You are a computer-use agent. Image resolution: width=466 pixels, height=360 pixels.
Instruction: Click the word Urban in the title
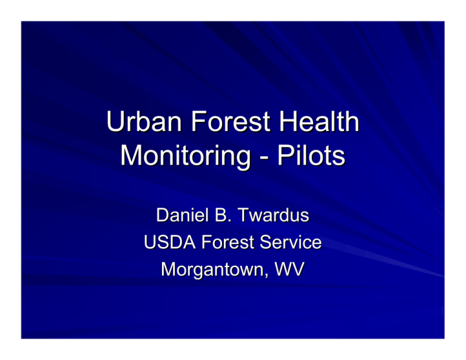[144, 121]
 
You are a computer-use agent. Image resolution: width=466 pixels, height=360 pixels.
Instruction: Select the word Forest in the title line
[231, 121]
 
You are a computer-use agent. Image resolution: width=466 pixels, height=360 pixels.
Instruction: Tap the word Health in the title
[319, 121]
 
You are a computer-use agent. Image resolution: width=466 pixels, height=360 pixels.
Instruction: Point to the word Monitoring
[186, 157]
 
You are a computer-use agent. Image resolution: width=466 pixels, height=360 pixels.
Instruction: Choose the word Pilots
[311, 155]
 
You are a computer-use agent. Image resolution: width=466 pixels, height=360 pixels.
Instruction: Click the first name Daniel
[182, 215]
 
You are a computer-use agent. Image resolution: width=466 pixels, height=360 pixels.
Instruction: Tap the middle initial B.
[223, 215]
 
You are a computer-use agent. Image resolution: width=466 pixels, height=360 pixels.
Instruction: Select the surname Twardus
[274, 215]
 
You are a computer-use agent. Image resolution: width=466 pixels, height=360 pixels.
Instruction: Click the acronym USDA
[170, 242]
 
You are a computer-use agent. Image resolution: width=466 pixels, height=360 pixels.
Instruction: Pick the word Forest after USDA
[228, 242]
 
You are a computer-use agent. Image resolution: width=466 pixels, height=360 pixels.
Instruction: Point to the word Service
[291, 242]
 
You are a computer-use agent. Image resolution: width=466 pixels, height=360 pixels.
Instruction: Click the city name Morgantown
[212, 270]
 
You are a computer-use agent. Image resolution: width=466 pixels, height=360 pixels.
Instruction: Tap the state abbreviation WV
[289, 270]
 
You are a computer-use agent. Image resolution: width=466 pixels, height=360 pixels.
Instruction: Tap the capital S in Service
[266, 242]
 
